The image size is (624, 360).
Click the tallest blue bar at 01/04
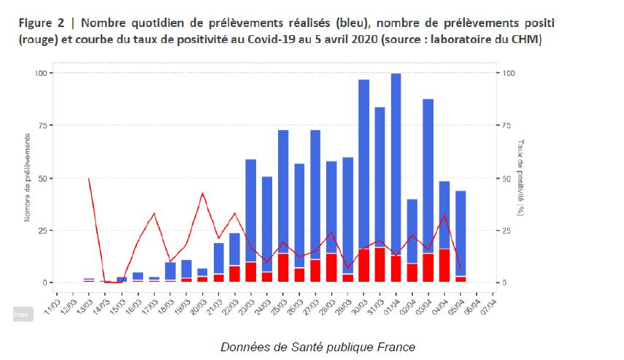click(x=396, y=161)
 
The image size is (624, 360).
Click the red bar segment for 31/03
click(x=380, y=265)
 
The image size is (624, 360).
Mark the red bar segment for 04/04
click(x=444, y=266)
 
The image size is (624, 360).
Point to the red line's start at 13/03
click(x=89, y=178)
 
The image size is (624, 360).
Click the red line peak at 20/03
click(x=203, y=194)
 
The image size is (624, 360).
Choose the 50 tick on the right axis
click(x=504, y=178)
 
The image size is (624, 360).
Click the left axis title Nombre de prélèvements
click(x=27, y=177)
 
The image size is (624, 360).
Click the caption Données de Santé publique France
click(x=318, y=346)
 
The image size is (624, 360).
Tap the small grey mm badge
click(x=23, y=313)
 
